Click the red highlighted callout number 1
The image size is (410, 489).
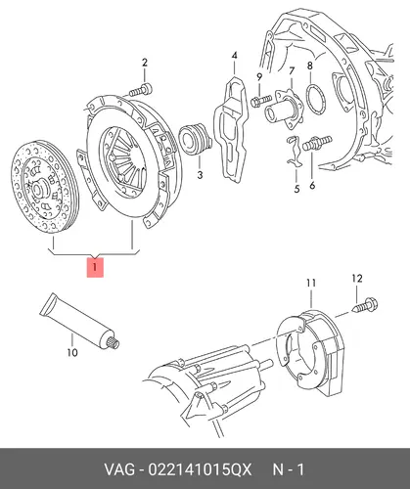tap(95, 267)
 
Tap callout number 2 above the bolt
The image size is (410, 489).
tap(145, 63)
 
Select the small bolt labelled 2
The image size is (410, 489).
tap(141, 90)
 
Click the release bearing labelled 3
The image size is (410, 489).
tap(195, 140)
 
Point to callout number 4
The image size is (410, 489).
tap(235, 55)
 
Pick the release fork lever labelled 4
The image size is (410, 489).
tap(231, 129)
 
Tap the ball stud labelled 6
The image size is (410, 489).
tap(317, 144)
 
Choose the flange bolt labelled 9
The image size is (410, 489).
tap(261, 101)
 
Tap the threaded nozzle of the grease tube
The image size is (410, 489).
tap(114, 343)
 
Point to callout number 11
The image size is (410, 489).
tap(311, 283)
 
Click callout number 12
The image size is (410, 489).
tap(357, 279)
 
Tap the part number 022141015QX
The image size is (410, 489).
tap(201, 469)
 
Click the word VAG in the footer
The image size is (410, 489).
tap(119, 469)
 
